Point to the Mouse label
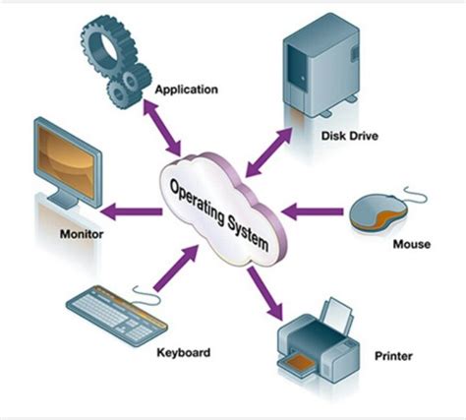pyautogui.click(x=411, y=243)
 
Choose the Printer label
pyautogui.click(x=394, y=355)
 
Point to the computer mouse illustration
pyautogui.click(x=378, y=209)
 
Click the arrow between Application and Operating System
pyautogui.click(x=163, y=125)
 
